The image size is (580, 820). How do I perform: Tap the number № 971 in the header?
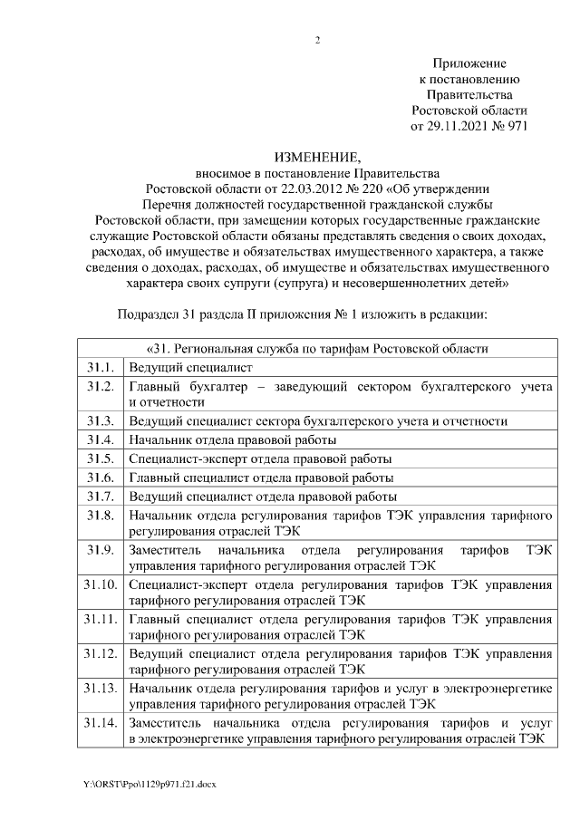[510, 127]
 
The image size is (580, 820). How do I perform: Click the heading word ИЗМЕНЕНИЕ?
[317, 156]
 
